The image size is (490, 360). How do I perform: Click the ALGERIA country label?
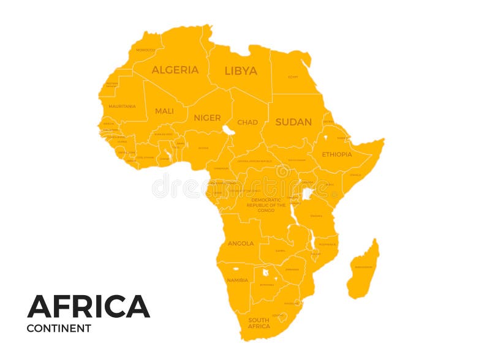[x=175, y=70]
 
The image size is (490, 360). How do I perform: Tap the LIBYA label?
[x=241, y=70]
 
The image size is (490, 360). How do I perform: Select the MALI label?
[x=164, y=111]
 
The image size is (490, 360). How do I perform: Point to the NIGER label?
[x=207, y=118]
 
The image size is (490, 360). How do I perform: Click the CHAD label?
[x=247, y=122]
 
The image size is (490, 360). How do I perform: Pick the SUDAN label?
[x=293, y=122]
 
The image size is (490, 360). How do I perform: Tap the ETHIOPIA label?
[x=337, y=154]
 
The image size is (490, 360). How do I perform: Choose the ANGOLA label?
[x=241, y=243]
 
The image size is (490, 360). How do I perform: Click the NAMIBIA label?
[x=237, y=280]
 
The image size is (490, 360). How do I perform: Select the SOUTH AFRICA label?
[x=258, y=323]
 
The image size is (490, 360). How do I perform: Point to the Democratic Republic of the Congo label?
[x=266, y=204]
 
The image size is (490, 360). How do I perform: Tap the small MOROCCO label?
[x=146, y=50]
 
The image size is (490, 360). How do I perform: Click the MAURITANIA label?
[x=122, y=106]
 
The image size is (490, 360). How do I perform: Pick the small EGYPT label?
[x=293, y=77]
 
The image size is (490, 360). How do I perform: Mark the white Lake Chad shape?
[x=228, y=130]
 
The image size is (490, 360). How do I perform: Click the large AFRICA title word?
[x=88, y=306]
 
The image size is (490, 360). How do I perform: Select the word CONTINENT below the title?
[x=59, y=328]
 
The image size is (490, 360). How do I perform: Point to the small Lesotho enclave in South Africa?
[x=282, y=316]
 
